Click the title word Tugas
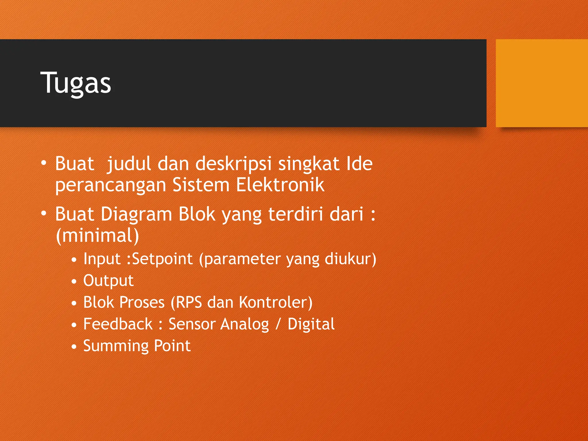[x=76, y=83]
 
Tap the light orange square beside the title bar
[x=541, y=83]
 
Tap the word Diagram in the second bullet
[x=136, y=214]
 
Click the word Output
[x=108, y=281]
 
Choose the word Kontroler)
[x=276, y=302]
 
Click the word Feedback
[x=118, y=324]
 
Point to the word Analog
[x=245, y=324]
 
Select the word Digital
[x=311, y=324]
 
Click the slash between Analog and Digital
[x=278, y=324]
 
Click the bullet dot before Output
[x=74, y=282]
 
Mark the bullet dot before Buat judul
[x=44, y=163]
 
